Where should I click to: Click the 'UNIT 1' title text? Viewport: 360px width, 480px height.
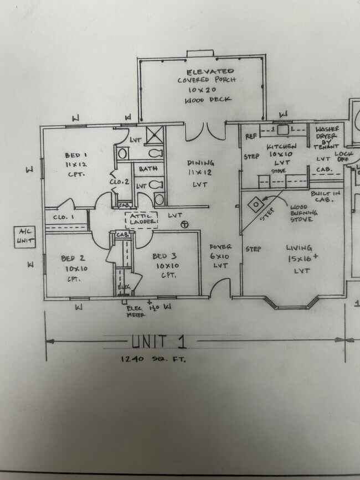(158, 342)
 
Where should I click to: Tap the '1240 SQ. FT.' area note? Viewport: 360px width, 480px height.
(153, 359)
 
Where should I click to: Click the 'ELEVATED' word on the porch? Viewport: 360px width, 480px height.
(210, 72)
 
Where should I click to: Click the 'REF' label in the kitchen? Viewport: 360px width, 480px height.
(250, 136)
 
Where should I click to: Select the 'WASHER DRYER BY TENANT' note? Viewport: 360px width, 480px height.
(327, 136)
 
